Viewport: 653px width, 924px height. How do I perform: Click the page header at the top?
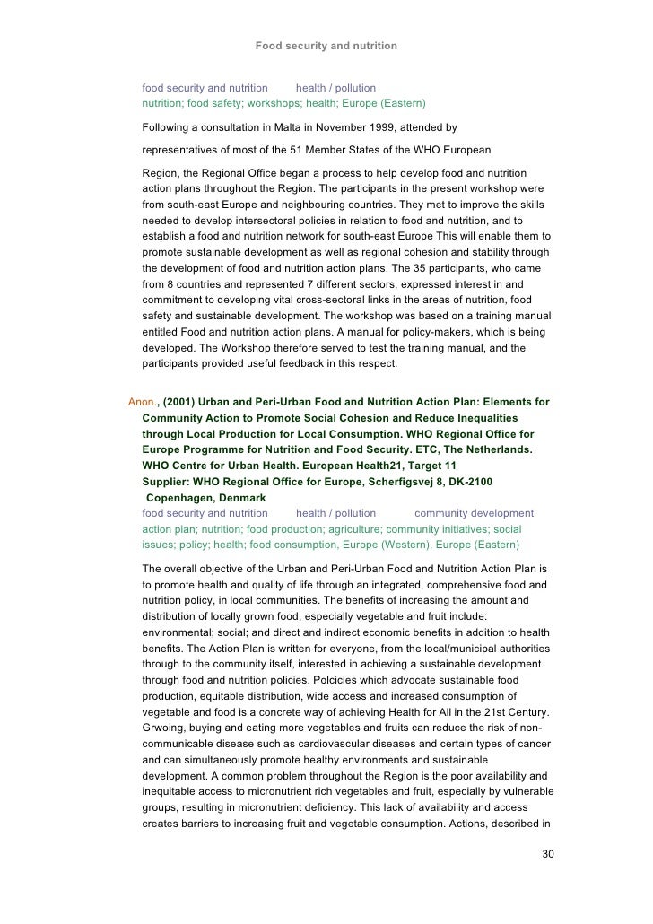pyautogui.click(x=326, y=45)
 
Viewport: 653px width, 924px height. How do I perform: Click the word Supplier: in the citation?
pyautogui.click(x=168, y=482)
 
